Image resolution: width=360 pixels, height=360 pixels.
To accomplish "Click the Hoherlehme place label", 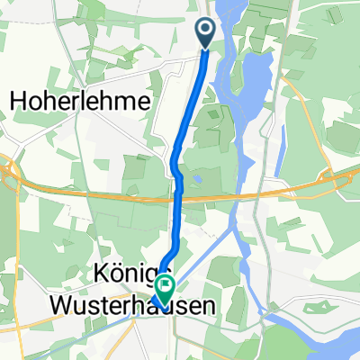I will click(79, 103).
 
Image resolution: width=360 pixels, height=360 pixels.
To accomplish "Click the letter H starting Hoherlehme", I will click(17, 103).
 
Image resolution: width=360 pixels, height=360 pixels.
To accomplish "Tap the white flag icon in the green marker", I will click(166, 285).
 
